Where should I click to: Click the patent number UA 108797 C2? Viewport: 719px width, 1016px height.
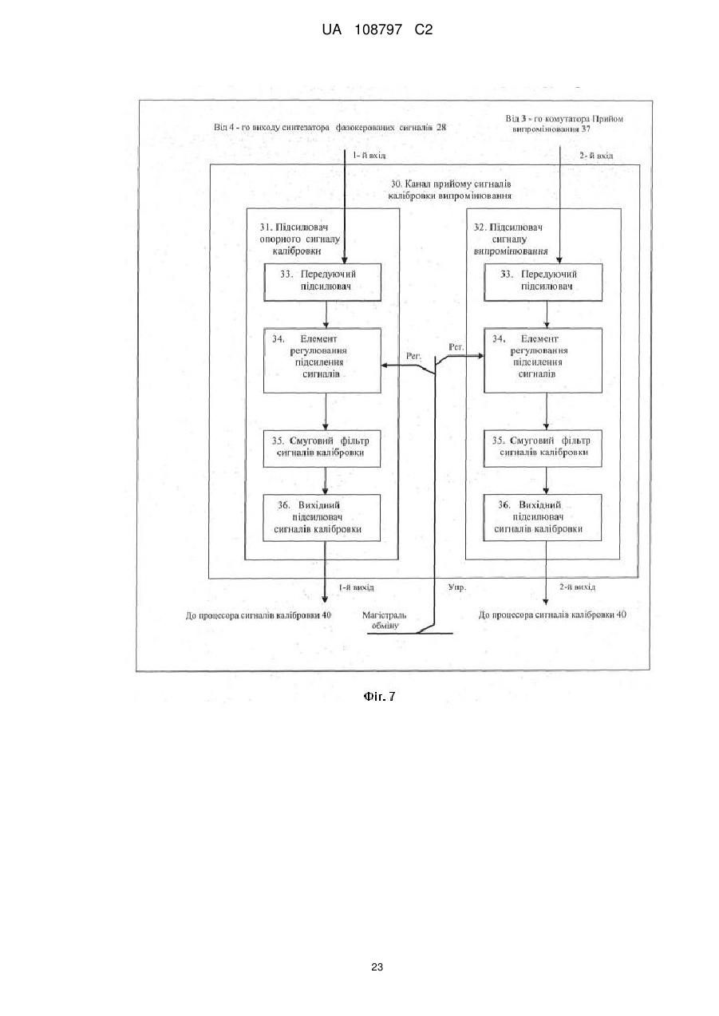[x=377, y=30]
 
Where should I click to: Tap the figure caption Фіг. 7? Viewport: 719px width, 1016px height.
[x=379, y=696]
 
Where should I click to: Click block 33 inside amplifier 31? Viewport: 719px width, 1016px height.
[x=322, y=282]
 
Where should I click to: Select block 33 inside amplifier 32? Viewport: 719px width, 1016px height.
[x=543, y=282]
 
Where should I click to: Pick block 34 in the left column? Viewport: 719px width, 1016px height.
[x=322, y=361]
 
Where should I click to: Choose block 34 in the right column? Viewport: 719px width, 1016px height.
[x=543, y=361]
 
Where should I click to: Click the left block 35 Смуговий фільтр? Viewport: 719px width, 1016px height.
[x=322, y=449]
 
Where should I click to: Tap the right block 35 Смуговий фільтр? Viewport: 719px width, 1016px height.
[x=543, y=449]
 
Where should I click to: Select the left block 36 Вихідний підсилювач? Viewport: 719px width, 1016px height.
[x=322, y=518]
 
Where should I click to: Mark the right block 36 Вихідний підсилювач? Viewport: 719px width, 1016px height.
[x=542, y=517]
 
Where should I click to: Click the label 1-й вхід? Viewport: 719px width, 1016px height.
[x=369, y=155]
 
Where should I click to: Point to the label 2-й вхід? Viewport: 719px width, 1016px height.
[x=596, y=156]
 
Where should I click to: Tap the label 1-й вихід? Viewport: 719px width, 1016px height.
[x=356, y=587]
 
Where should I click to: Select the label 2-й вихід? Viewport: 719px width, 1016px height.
[x=577, y=587]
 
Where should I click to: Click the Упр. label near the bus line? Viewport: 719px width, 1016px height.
[x=457, y=588]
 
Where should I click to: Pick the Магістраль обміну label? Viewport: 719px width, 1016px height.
[x=384, y=620]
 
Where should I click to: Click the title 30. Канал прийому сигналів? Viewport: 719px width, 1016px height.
[x=451, y=184]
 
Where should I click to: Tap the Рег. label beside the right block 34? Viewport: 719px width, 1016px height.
[x=456, y=347]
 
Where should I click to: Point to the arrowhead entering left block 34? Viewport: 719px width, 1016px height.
[x=384, y=365]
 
